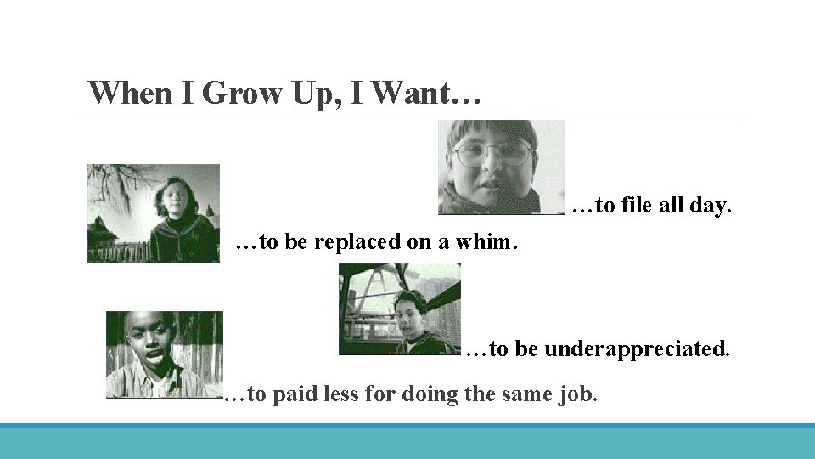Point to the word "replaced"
pos(357,242)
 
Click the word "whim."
pos(486,242)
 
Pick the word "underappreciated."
pos(637,348)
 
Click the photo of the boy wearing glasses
pos(501,167)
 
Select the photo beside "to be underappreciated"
pos(400,309)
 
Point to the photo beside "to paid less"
pos(164,354)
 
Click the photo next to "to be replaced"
pos(154,213)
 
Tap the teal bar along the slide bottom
pos(407,441)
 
